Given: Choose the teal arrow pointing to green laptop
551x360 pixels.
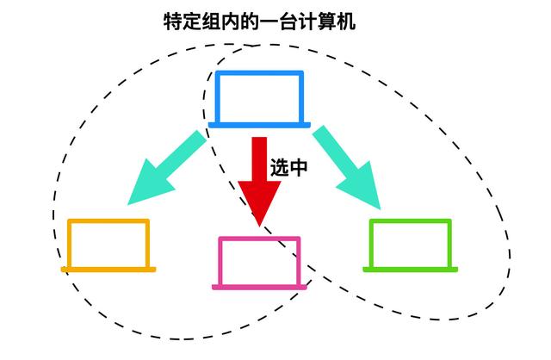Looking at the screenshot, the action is coord(348,167).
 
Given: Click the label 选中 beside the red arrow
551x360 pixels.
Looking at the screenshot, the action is coord(289,167).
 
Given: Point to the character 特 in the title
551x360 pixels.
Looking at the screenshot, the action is coord(173,22).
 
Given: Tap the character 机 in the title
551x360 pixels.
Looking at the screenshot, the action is coord(346,22).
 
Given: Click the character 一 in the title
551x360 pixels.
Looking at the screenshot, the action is coord(269,22).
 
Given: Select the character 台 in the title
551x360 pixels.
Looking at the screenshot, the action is coord(288,22).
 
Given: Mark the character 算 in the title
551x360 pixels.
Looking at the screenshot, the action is coord(327,22).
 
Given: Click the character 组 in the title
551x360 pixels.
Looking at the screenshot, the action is coord(212,22).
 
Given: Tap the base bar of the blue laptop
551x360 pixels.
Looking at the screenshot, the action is coord(259,125).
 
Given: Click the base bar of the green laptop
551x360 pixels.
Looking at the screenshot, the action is coord(410,270).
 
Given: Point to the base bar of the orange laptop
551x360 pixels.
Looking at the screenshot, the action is coord(108,270).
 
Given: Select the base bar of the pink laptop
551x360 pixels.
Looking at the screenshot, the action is coord(259,288).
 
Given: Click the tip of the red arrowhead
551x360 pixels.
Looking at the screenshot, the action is coord(259,227).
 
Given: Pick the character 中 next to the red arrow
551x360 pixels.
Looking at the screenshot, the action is coord(299,167).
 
